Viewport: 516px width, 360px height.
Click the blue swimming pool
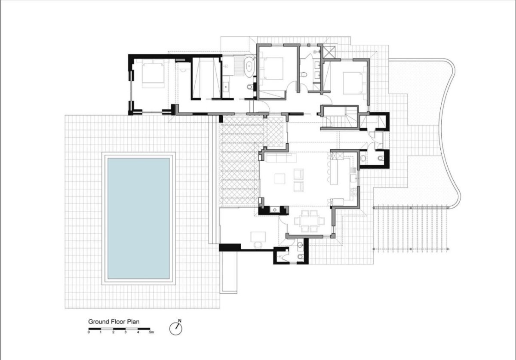[138, 218]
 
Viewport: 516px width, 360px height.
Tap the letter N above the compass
[180, 321]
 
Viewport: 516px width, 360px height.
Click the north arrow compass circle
[176, 329]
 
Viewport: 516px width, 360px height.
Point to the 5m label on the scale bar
[151, 332]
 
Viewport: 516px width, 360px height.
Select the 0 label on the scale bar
[89, 332]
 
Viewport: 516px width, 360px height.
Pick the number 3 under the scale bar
[126, 332]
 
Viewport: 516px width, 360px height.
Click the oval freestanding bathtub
[249, 67]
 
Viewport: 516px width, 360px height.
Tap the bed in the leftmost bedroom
[153, 73]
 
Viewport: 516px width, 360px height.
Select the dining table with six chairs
[309, 221]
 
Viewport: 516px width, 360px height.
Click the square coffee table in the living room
[280, 178]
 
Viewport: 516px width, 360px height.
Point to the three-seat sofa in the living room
[281, 158]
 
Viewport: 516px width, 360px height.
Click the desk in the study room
[258, 237]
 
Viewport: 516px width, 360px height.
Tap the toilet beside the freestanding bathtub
[249, 87]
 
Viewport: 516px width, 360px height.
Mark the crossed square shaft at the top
[329, 52]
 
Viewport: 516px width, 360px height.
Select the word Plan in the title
[132, 322]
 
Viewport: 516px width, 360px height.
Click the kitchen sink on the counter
[353, 178]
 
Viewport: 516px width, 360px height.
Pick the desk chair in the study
[258, 245]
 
